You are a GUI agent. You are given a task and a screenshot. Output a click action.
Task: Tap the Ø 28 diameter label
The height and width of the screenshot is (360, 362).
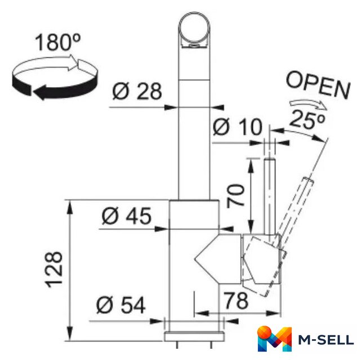(x=137, y=91)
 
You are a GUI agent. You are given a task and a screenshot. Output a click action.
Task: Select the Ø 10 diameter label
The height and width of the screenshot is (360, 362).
(x=238, y=127)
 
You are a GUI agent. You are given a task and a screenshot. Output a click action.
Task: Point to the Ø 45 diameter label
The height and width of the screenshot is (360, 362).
(x=126, y=216)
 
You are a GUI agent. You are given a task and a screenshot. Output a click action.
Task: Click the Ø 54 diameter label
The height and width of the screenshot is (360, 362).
(x=120, y=305)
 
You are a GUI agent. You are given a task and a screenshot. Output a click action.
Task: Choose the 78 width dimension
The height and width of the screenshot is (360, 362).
(x=236, y=300)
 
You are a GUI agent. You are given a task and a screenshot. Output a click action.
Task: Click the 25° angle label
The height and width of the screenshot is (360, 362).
(x=307, y=120)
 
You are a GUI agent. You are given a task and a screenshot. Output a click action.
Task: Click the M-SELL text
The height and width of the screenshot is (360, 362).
(x=326, y=340)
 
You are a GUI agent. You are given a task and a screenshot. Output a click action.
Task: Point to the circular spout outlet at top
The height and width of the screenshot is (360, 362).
(x=194, y=30)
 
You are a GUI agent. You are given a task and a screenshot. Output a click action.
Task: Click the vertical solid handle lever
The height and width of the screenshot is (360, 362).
(x=270, y=196)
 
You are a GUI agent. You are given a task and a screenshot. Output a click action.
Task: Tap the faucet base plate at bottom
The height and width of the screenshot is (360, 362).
(x=194, y=336)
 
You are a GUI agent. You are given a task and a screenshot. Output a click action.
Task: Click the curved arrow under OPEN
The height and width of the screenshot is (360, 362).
(x=308, y=104)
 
